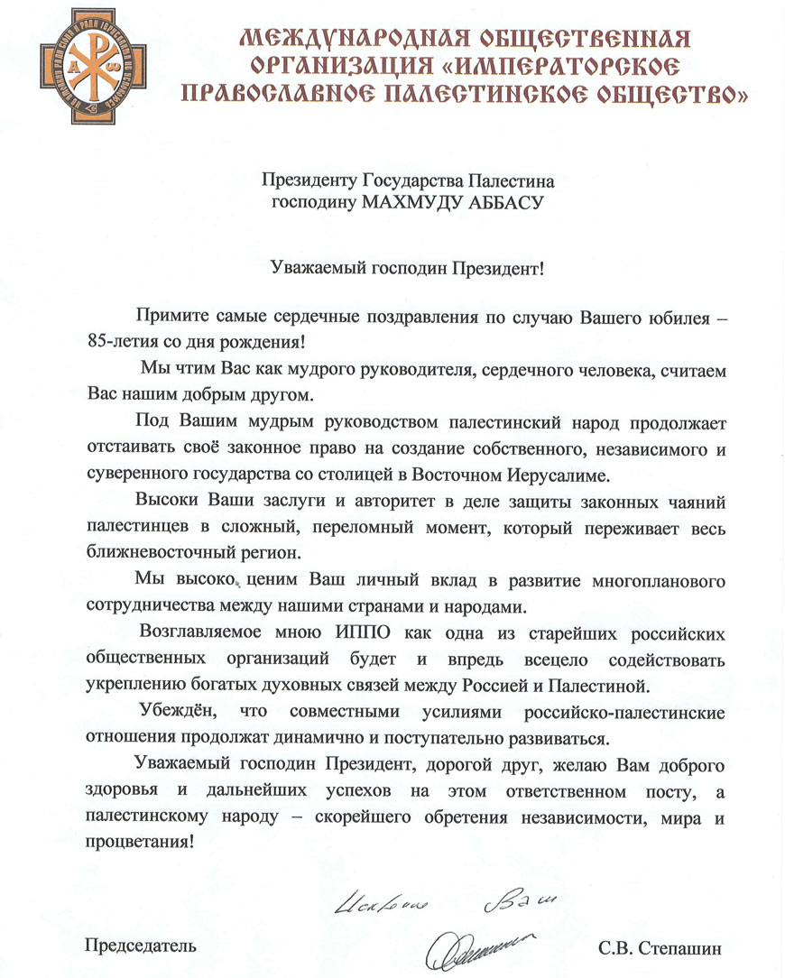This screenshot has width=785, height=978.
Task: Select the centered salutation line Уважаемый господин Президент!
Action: point(410,267)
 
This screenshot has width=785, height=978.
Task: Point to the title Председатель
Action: point(140,946)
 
